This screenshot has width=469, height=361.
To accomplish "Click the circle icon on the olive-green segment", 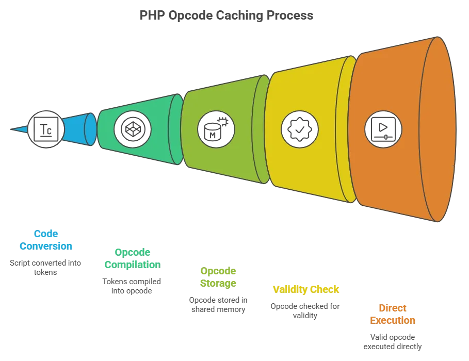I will [216, 127].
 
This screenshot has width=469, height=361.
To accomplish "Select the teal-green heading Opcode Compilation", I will [132, 258].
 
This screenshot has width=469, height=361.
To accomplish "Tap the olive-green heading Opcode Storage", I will [217, 277].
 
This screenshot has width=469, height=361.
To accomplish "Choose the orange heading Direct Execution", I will [392, 314].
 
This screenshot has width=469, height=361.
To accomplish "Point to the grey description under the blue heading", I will [45, 267].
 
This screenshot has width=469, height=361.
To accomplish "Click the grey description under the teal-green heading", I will [132, 286].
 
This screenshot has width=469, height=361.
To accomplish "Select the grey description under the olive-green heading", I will [217, 304].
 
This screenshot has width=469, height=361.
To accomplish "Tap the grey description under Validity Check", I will [306, 310].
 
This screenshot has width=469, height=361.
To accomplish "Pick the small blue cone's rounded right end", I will [90, 128].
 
